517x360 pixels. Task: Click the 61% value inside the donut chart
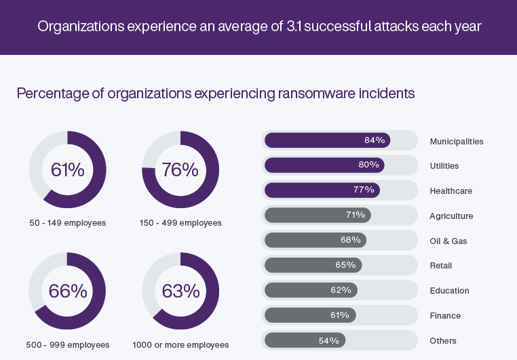tap(67, 169)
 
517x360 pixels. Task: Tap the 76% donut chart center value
tap(180, 169)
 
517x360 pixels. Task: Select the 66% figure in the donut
tap(67, 291)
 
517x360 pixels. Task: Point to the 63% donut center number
tap(180, 291)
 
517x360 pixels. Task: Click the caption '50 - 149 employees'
tap(67, 222)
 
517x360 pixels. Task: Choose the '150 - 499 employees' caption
tap(180, 222)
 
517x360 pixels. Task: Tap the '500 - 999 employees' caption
tap(67, 344)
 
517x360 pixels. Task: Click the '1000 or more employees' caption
tap(180, 344)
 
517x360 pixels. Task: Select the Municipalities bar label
tap(457, 141)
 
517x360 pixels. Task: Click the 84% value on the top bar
tap(375, 140)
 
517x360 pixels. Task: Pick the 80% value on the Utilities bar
tap(369, 165)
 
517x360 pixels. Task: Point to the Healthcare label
tap(451, 191)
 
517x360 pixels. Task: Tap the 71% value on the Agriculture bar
tap(356, 215)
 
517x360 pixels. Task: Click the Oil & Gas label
tap(448, 241)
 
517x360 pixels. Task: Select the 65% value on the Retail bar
tap(346, 265)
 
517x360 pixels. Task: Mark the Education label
tap(449, 291)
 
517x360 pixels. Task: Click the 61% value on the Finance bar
tap(340, 315)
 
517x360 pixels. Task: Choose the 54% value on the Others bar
tap(329, 340)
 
